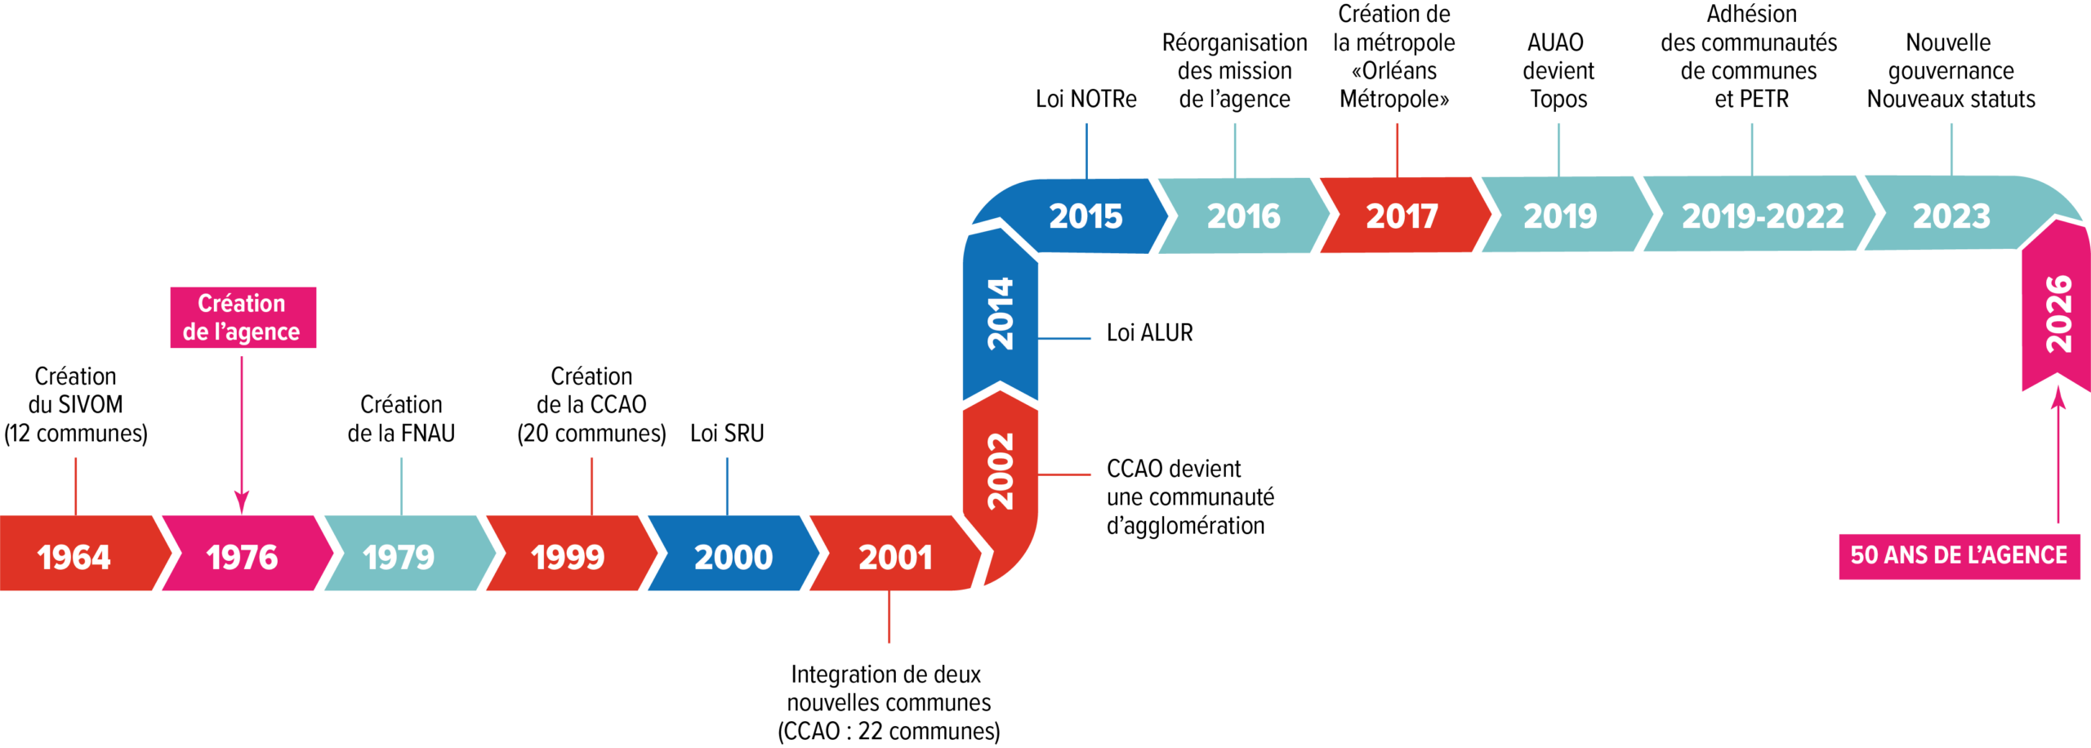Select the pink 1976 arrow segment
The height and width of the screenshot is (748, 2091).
click(x=243, y=557)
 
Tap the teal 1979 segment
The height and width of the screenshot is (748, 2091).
click(x=399, y=557)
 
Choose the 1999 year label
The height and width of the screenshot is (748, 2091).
click(x=568, y=558)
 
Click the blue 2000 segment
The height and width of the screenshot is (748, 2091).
click(x=733, y=557)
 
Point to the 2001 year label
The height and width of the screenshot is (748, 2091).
click(x=895, y=558)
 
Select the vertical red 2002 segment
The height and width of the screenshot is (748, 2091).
click(x=1001, y=471)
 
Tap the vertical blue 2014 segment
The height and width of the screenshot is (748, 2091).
click(x=1001, y=314)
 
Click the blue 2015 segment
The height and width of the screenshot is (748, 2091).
click(x=1086, y=216)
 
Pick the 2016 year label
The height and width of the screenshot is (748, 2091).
click(x=1243, y=216)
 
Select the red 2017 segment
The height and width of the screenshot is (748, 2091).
click(x=1402, y=216)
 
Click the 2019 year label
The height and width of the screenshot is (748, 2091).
click(x=1560, y=216)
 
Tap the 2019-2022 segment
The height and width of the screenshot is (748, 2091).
click(x=1763, y=216)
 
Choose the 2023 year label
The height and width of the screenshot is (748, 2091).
click(x=1951, y=216)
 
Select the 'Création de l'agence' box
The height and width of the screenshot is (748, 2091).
click(x=243, y=317)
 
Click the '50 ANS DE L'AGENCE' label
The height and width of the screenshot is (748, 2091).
click(x=1959, y=556)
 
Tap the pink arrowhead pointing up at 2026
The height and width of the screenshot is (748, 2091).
click(x=2058, y=398)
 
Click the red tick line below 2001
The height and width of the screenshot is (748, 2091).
click(x=889, y=617)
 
